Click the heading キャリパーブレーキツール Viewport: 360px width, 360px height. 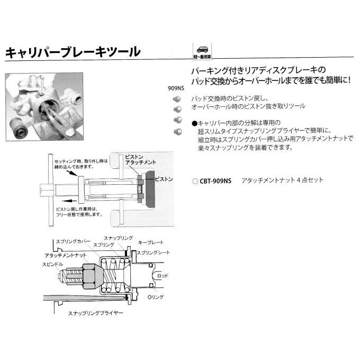pyautogui.click(x=73, y=52)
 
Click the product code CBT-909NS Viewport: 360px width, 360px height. pyautogui.click(x=214, y=181)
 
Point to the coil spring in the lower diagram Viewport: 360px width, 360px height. pyautogui.click(x=112, y=278)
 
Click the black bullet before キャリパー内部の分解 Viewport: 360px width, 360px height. pyautogui.click(x=195, y=123)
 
